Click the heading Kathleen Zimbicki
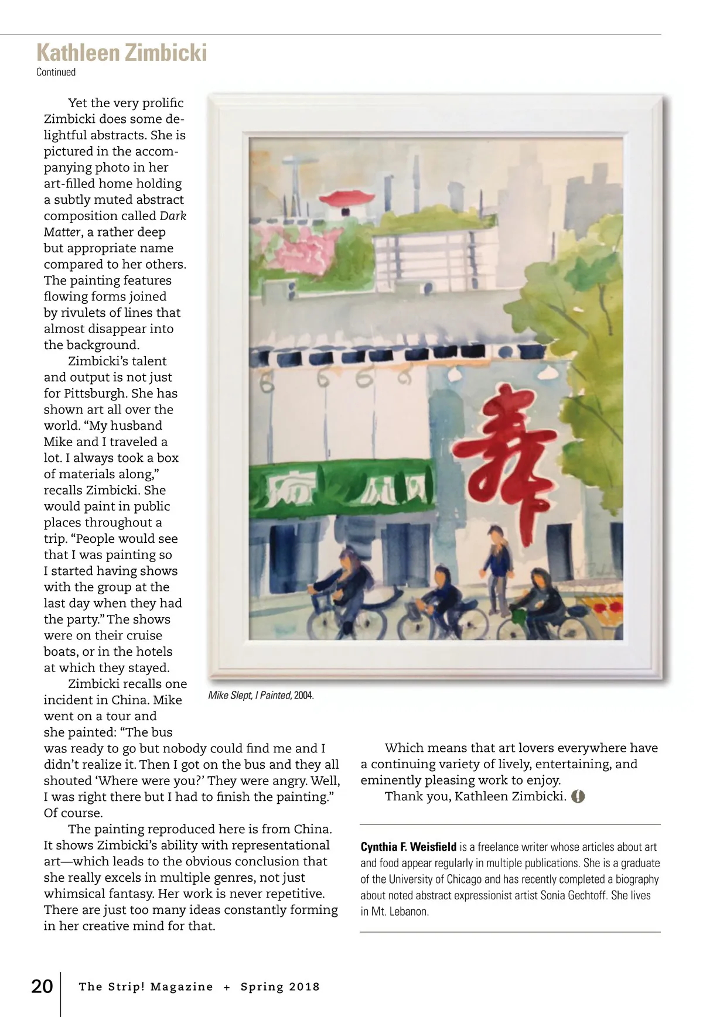tap(121, 53)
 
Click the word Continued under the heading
tap(56, 72)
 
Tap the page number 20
tap(42, 986)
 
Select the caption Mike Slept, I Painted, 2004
tap(261, 696)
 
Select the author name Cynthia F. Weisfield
tap(408, 847)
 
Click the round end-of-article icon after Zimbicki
tap(578, 796)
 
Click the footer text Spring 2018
tap(280, 987)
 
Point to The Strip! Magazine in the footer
tap(146, 987)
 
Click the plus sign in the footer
tap(227, 987)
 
